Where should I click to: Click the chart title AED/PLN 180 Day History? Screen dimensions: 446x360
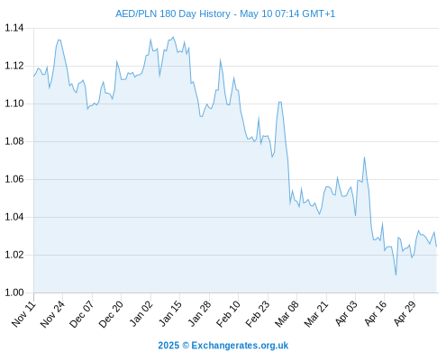tap(173, 13)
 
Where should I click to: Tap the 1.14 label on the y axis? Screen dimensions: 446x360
tap(14, 28)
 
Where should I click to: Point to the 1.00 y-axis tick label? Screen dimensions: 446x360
tap(14, 292)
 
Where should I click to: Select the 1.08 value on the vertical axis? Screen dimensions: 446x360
tap(14, 141)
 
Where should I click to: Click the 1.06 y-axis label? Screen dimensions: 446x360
tap(14, 179)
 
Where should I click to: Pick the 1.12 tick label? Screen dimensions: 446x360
tap(14, 66)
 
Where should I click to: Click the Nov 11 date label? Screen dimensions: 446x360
tap(23, 314)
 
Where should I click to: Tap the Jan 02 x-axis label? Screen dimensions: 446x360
tap(141, 314)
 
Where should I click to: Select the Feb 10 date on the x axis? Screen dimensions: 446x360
tap(229, 314)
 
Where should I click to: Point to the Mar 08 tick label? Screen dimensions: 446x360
tap(287, 314)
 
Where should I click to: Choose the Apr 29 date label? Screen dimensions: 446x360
tap(405, 314)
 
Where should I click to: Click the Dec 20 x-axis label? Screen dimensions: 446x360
tap(111, 314)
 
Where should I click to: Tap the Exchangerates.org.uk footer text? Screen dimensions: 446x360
tap(240, 346)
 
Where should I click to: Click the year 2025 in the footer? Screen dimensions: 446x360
tap(168, 346)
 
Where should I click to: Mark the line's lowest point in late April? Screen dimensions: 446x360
tap(396, 274)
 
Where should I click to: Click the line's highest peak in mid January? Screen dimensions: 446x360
tap(173, 37)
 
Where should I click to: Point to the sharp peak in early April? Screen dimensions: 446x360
tap(364, 157)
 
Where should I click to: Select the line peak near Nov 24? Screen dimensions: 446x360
tap(59, 40)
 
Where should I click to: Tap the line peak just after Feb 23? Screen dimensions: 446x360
tap(280, 103)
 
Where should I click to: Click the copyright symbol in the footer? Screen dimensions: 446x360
tap(186, 346)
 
